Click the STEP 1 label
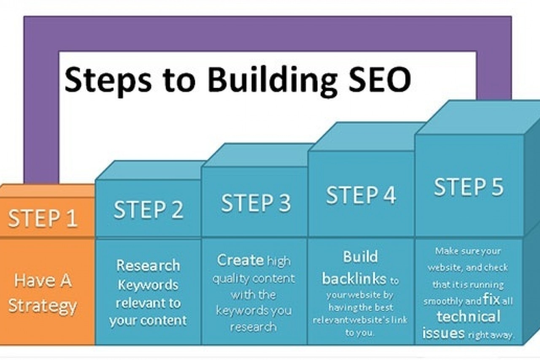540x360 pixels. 43,218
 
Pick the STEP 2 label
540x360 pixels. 148,210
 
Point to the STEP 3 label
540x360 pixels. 256,203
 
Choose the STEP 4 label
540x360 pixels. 361,195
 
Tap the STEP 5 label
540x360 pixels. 469,187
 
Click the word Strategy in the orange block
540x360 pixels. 43,306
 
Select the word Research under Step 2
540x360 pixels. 148,265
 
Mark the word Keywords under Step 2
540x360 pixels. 148,284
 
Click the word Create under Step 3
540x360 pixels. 240,260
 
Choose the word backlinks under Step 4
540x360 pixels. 354,278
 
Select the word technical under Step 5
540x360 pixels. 468,317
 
